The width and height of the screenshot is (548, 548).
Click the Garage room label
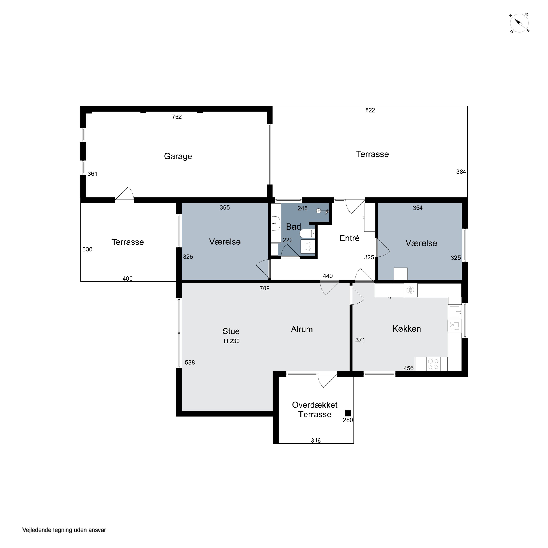pyautogui.click(x=178, y=156)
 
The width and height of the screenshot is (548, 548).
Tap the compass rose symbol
pyautogui.click(x=519, y=23)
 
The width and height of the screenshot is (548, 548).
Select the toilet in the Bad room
pyautogui.click(x=307, y=234)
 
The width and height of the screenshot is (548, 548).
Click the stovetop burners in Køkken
pyautogui.click(x=433, y=364)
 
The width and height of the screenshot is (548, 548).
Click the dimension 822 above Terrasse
pyautogui.click(x=370, y=110)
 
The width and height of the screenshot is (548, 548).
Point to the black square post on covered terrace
pyautogui.click(x=348, y=414)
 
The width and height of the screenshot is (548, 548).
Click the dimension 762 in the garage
pyautogui.click(x=177, y=117)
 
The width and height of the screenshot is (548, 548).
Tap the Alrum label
pyautogui.click(x=302, y=329)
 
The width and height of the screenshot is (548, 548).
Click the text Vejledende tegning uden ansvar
pyautogui.click(x=64, y=530)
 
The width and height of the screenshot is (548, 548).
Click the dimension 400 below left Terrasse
pyautogui.click(x=127, y=279)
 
